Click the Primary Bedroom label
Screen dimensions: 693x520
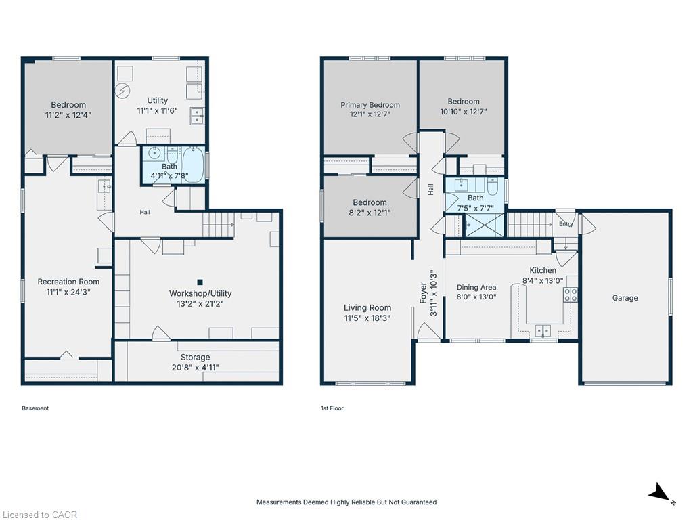coord(370,105)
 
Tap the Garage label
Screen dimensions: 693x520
coord(625,298)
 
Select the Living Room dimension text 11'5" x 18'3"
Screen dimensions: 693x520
coord(367,318)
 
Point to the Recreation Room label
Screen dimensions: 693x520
coord(68,282)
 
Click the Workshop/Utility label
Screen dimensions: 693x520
coord(200,293)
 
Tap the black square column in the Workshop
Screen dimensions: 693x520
coord(200,282)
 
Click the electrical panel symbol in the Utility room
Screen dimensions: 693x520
coord(122,91)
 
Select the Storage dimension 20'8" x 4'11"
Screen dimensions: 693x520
coord(195,368)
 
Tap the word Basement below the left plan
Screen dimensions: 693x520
coord(35,408)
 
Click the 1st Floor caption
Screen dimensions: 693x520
coord(332,408)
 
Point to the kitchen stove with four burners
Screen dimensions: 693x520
coord(570,295)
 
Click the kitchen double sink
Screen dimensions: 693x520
coord(543,330)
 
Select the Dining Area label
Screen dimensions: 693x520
coord(476,287)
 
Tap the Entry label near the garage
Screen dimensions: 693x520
coord(566,224)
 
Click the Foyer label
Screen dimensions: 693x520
coord(423,293)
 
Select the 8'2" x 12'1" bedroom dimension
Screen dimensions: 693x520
coord(370,213)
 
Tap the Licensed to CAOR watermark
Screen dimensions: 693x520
coord(40,515)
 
